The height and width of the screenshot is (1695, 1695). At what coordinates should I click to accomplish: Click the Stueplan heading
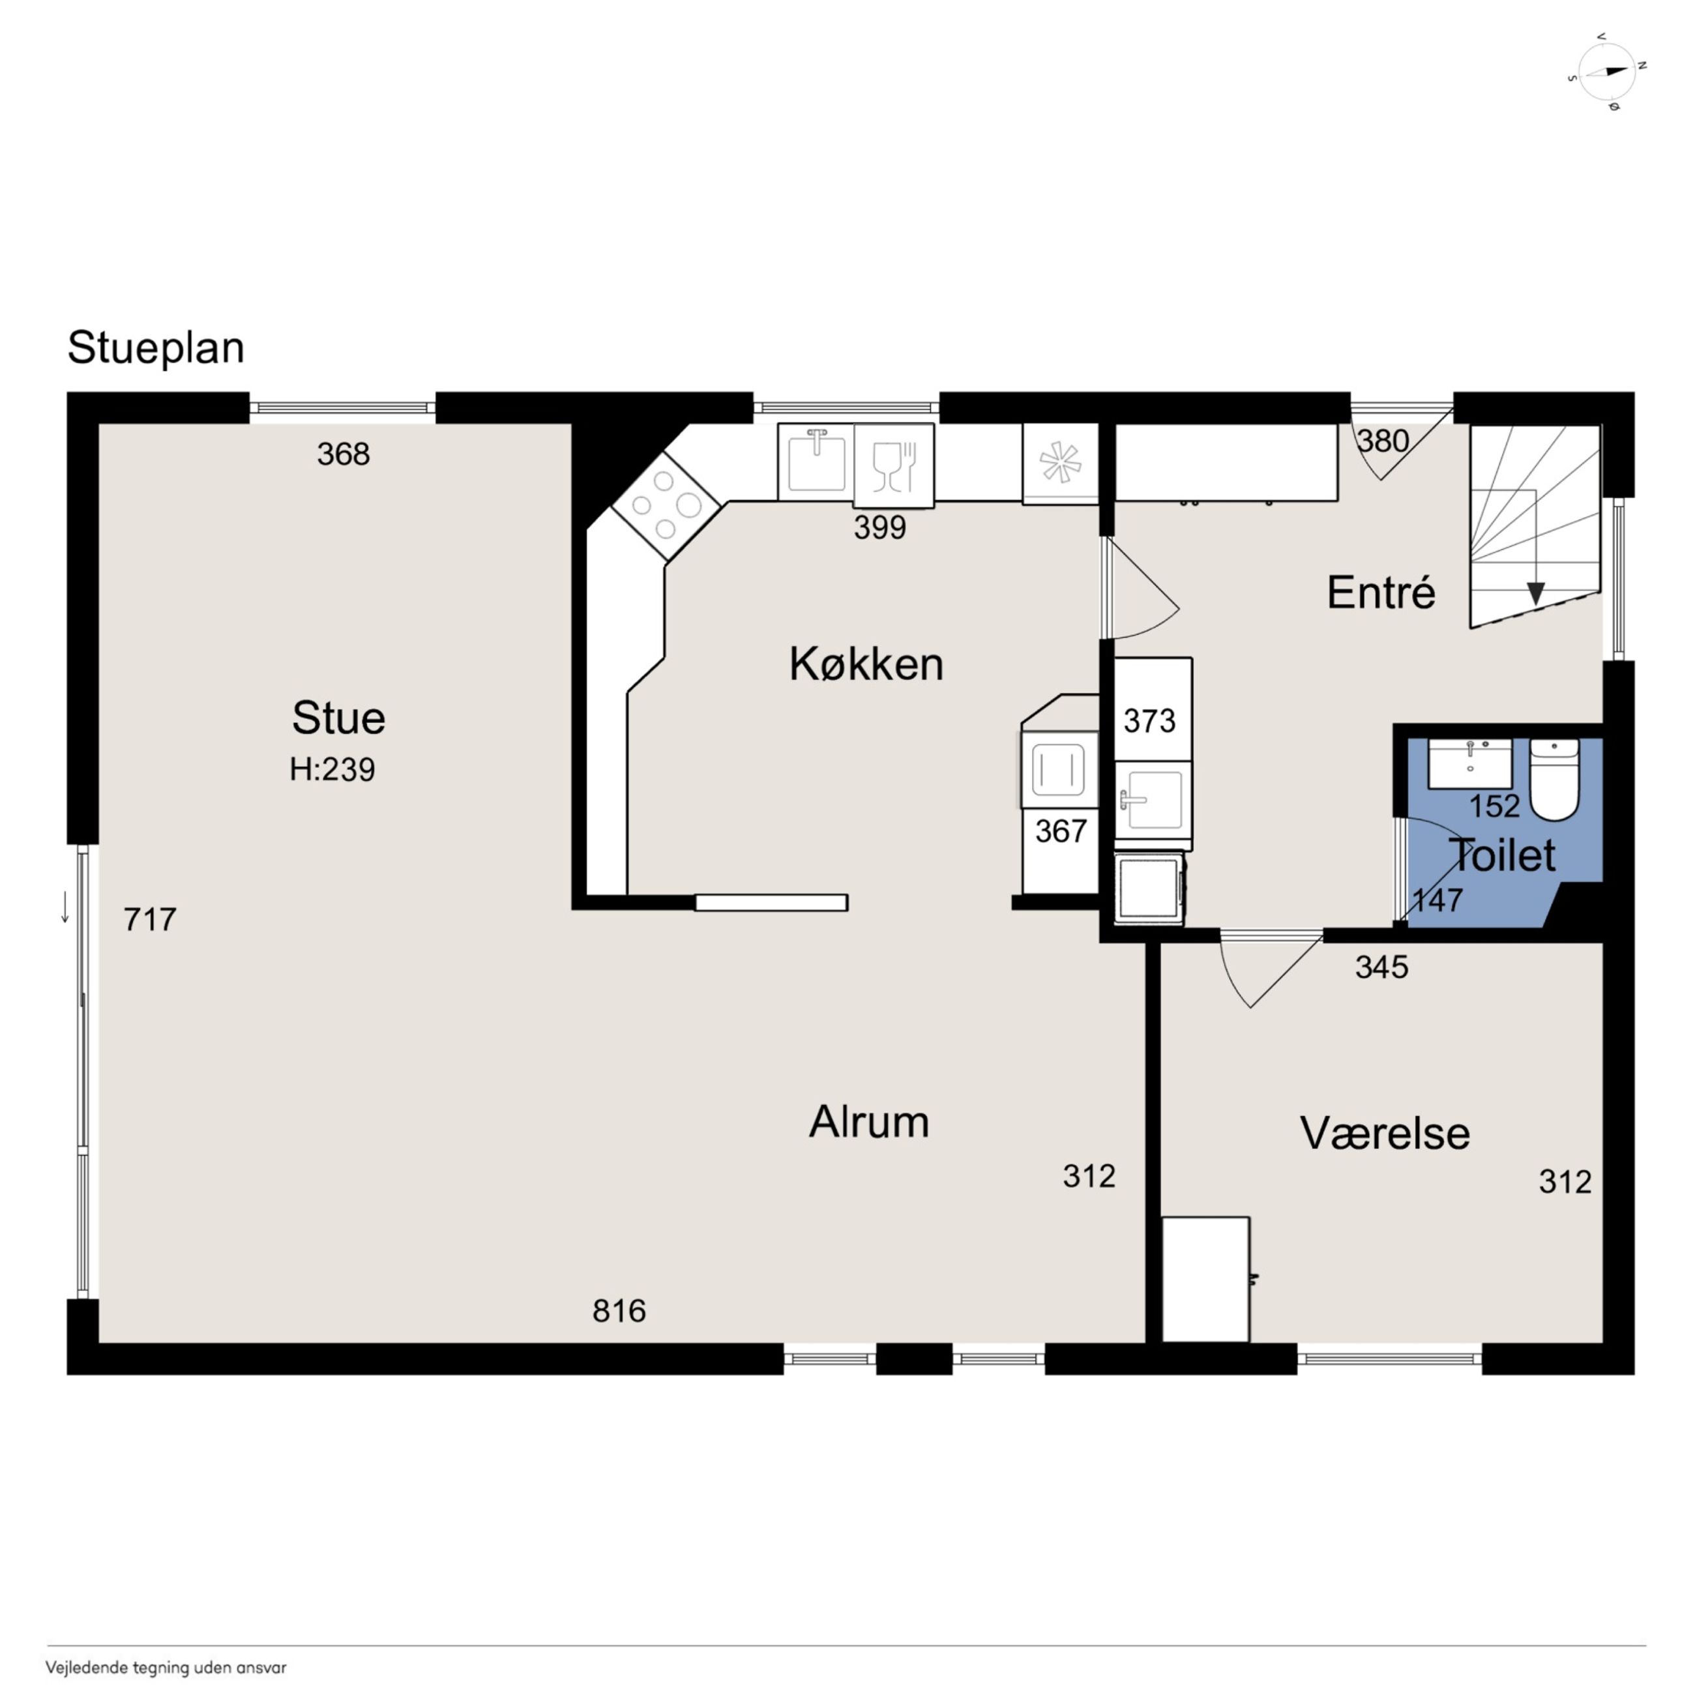coord(156,348)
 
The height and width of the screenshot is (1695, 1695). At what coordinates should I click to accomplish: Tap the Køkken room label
coord(866,664)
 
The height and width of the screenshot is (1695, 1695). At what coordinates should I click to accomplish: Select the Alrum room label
coord(868,1121)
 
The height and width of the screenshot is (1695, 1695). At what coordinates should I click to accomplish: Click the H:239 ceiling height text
coord(332,769)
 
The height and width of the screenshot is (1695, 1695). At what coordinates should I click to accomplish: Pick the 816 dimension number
coord(619,1311)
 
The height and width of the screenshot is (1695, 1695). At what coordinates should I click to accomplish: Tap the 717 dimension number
coord(150,919)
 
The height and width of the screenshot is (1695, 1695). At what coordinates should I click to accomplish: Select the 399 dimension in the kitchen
coord(880,527)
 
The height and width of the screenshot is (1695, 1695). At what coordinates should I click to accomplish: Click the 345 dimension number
coord(1382,967)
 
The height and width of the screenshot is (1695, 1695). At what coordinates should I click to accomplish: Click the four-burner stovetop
coord(666,507)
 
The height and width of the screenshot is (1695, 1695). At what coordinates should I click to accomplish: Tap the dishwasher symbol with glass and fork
coord(894,465)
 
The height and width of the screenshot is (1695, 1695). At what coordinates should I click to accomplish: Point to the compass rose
coord(1607,72)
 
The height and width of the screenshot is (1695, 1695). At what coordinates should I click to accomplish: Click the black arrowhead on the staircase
coord(1535,593)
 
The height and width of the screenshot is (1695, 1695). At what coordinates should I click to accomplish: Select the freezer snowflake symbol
coord(1060,462)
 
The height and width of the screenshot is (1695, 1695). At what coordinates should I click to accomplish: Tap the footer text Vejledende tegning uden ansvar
coord(166,1668)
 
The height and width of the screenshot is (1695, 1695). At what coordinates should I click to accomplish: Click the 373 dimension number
coord(1149,720)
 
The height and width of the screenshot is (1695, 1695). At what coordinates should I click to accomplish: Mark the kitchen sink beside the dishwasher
coord(816,462)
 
